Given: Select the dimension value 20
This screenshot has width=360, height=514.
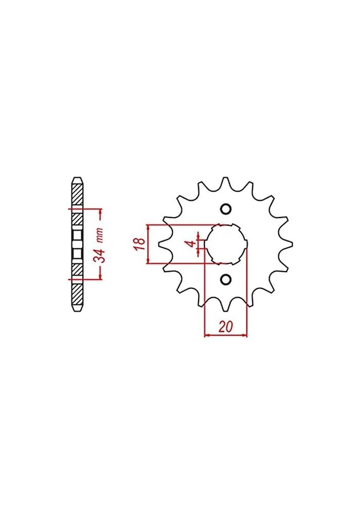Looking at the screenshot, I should (x=226, y=327).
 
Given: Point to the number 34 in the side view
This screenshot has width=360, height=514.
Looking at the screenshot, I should (x=101, y=255).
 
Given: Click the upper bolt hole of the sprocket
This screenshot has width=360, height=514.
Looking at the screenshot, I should (x=225, y=209).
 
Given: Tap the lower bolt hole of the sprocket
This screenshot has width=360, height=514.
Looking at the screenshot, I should (x=225, y=279).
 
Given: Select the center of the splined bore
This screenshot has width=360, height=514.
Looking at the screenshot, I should (x=225, y=244).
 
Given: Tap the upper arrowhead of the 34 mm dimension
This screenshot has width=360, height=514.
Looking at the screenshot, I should (x=101, y=211).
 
